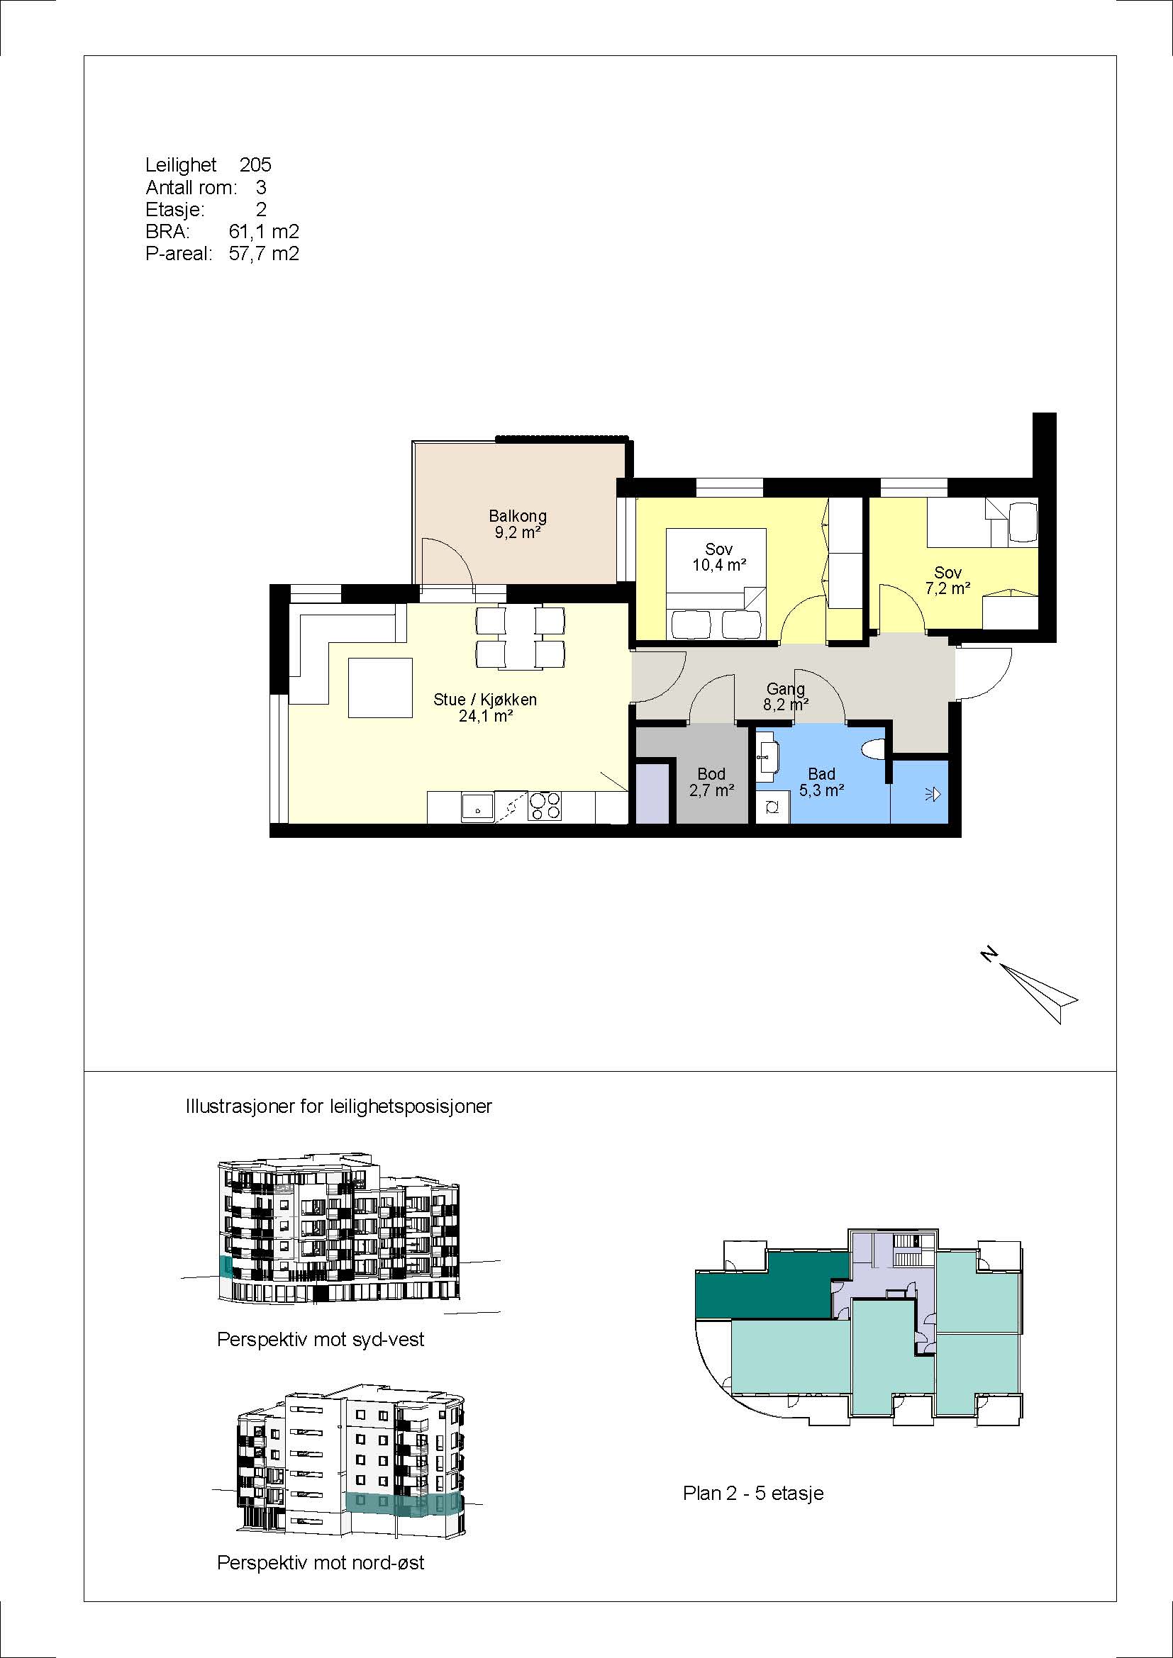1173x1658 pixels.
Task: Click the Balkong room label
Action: click(517, 516)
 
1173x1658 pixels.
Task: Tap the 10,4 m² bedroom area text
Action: click(718, 566)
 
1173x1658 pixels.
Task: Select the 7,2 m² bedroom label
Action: click(947, 588)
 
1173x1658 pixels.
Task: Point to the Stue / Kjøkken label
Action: click(484, 700)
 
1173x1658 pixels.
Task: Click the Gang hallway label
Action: click(785, 689)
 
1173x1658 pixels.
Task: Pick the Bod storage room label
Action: click(711, 774)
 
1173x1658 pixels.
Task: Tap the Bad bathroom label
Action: click(822, 774)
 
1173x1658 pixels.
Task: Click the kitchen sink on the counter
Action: click(477, 807)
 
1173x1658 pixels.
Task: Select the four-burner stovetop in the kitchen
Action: click(545, 806)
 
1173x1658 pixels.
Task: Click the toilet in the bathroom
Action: click(875, 749)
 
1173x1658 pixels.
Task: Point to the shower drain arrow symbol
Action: click(933, 795)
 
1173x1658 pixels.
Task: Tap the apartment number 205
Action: click(255, 164)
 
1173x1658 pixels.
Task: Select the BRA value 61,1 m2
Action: click(264, 232)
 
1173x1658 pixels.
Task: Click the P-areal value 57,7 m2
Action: click(264, 254)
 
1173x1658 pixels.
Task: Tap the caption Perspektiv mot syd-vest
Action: click(321, 1340)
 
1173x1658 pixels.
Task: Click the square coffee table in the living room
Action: click(380, 688)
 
